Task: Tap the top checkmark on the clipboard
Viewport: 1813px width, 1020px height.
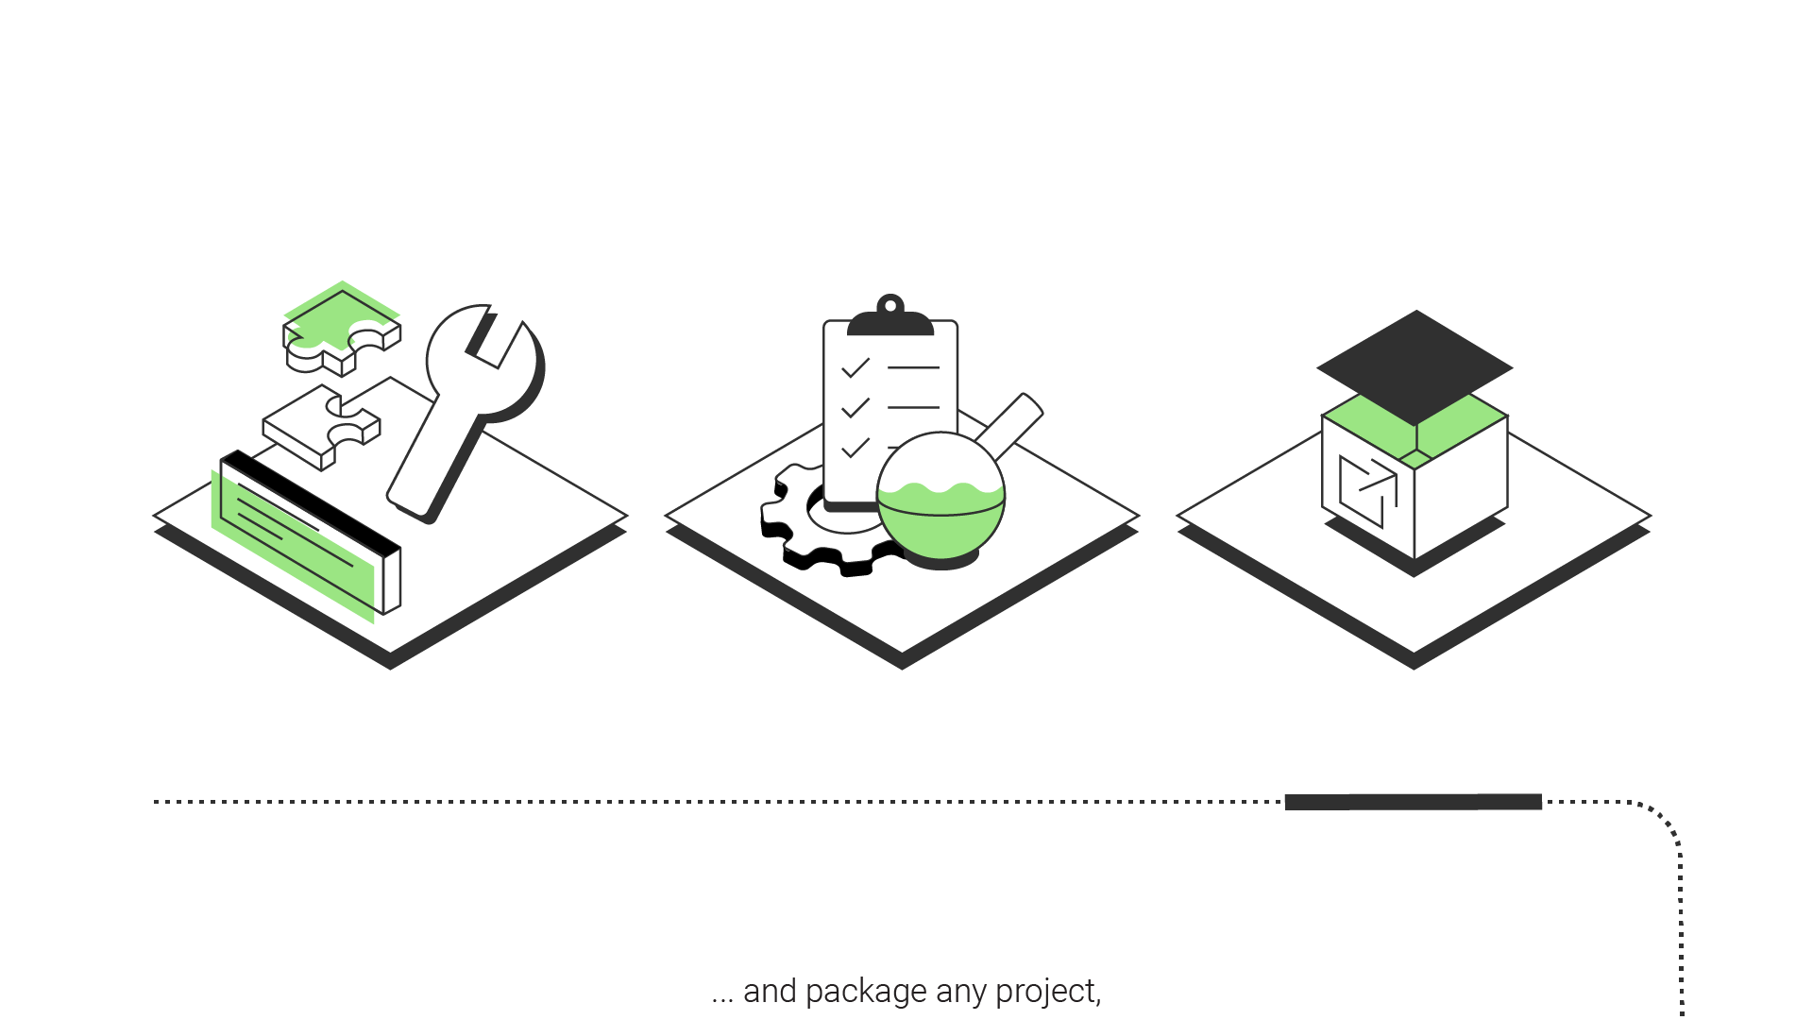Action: [855, 367]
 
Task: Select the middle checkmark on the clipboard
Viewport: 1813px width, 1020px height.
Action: [855, 407]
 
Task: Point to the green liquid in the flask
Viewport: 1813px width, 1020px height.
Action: [940, 524]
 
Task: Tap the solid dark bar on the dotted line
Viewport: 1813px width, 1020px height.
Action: [1414, 802]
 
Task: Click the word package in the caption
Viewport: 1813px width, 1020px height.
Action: [866, 992]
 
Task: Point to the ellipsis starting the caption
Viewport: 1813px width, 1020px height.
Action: [722, 997]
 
